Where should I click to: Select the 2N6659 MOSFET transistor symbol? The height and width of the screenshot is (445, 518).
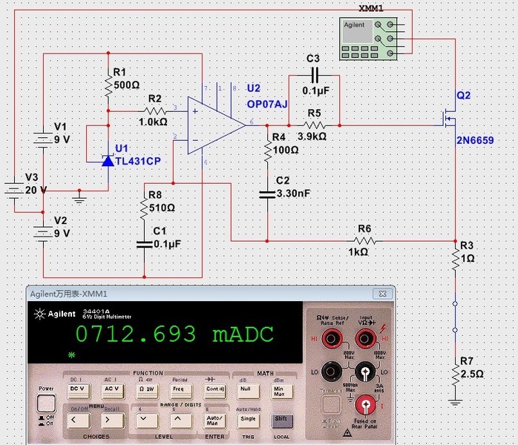pos(450,119)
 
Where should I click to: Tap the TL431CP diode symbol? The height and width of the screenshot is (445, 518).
pos(108,160)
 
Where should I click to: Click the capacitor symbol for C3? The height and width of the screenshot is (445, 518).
pos(313,75)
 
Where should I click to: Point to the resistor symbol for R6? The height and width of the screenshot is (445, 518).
pos(363,240)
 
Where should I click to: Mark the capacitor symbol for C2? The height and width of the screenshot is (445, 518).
pos(268,194)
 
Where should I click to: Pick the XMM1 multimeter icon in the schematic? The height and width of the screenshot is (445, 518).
pos(367,38)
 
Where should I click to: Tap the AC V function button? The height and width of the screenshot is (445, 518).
pos(112,388)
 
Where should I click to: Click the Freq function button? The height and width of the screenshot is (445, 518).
pos(179,388)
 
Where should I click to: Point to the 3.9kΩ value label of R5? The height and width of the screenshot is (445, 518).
pos(312,136)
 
